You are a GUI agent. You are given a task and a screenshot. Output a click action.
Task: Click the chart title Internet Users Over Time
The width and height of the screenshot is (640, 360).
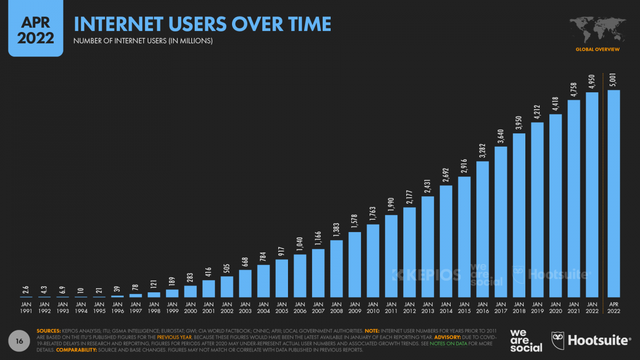(202, 24)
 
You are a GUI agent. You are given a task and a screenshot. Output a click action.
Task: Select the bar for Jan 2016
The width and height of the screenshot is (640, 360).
(483, 229)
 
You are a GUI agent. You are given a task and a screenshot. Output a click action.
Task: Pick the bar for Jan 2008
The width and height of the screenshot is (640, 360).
(337, 269)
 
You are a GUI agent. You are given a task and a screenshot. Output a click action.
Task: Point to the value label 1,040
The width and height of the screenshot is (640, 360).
(300, 243)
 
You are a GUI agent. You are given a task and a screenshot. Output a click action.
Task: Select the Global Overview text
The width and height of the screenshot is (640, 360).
(597, 49)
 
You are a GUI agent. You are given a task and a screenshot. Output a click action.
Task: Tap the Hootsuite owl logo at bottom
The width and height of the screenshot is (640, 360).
(559, 340)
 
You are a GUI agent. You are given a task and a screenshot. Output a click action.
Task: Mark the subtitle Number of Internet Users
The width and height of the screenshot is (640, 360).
(143, 41)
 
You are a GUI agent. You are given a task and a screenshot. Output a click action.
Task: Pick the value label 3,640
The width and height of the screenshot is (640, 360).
(500, 136)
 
